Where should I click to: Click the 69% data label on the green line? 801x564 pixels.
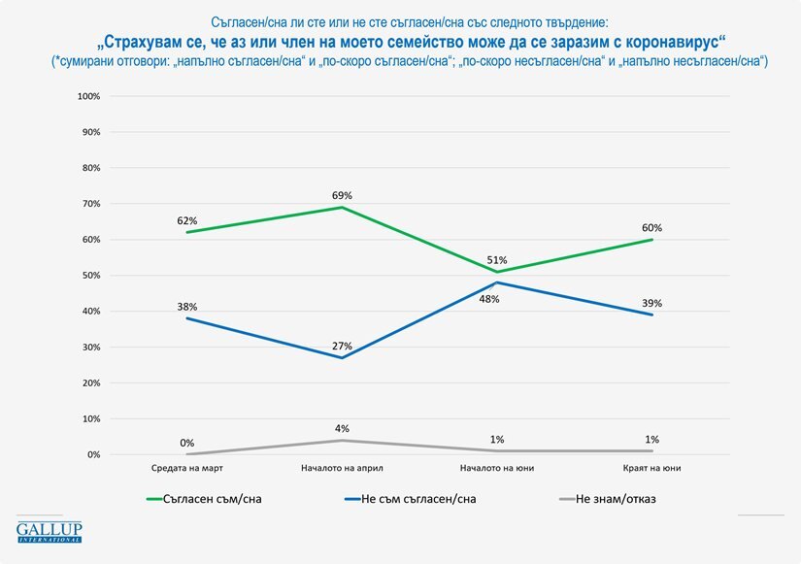click(x=342, y=196)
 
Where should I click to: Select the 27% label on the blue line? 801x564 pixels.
click(x=342, y=346)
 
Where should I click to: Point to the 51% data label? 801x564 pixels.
click(x=497, y=260)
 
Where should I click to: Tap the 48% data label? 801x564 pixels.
click(x=489, y=299)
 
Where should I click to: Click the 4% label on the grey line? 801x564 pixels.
click(x=342, y=428)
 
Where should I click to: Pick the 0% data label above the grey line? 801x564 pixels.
click(x=187, y=443)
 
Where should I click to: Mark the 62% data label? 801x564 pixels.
click(x=187, y=220)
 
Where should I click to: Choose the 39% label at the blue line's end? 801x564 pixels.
click(x=651, y=303)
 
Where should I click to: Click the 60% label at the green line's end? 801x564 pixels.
click(x=651, y=228)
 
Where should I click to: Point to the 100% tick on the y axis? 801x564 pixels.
click(x=89, y=96)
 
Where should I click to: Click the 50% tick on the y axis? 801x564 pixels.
click(x=91, y=276)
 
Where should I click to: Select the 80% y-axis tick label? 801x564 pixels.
click(x=91, y=168)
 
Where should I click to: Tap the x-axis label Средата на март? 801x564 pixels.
click(x=187, y=468)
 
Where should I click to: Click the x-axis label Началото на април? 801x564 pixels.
click(x=342, y=468)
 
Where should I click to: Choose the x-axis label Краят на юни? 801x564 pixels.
click(x=651, y=468)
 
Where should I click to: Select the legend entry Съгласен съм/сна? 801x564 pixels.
click(x=204, y=499)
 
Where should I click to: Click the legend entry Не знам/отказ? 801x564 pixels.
click(x=608, y=499)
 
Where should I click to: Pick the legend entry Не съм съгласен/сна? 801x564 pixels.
click(x=411, y=499)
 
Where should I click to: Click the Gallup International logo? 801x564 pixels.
click(x=50, y=532)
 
